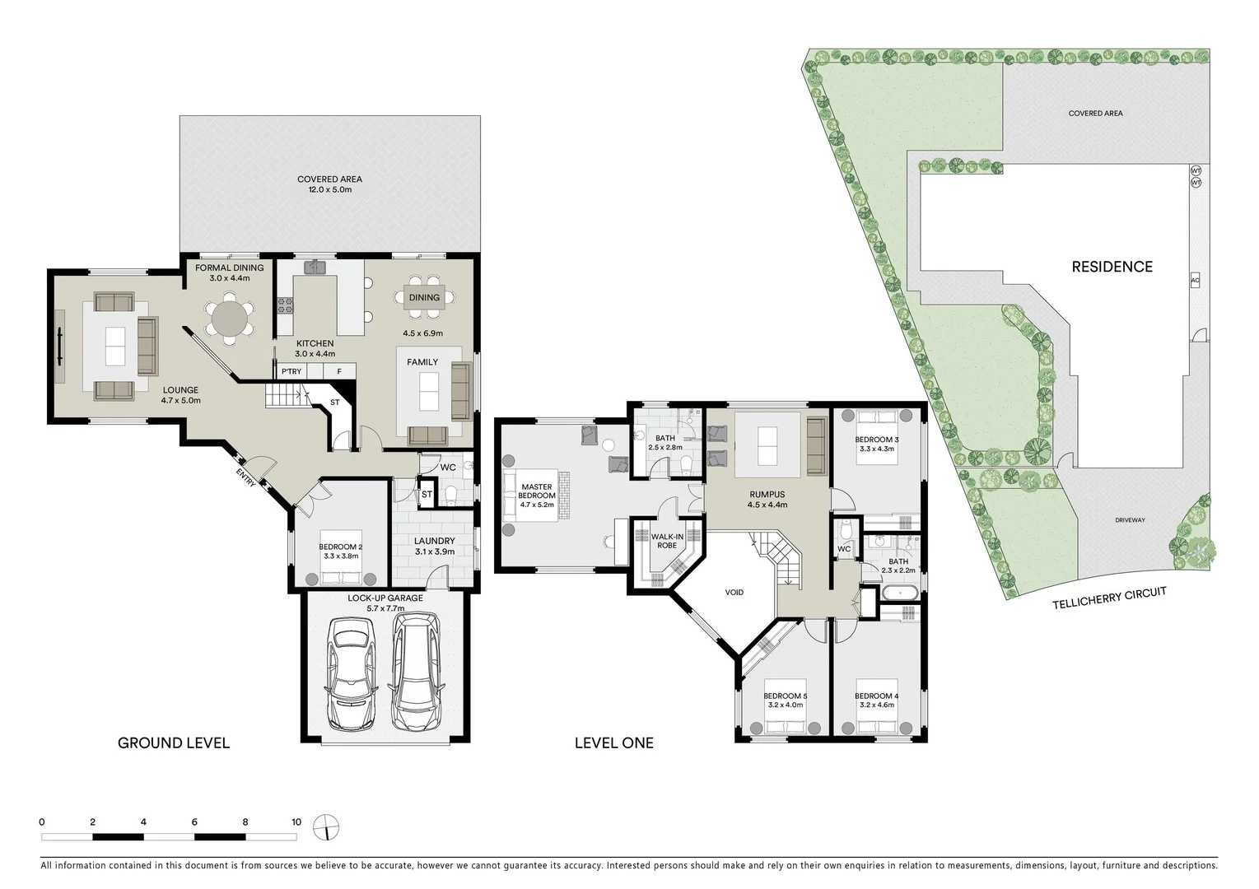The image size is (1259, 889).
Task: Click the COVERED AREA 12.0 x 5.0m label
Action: point(329,184)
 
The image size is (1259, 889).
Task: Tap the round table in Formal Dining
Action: point(230,319)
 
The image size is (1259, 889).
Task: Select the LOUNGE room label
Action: point(180,395)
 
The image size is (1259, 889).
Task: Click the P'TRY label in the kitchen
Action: point(291,371)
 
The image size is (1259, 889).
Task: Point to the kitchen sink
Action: point(315,268)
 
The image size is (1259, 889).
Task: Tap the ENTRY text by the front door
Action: point(245,478)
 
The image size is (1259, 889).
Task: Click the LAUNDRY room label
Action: point(434,546)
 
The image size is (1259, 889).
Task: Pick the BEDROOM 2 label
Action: point(341,551)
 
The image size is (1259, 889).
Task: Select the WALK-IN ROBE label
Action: point(666,541)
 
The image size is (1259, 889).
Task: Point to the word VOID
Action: point(734,592)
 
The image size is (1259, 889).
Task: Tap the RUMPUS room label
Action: point(767,500)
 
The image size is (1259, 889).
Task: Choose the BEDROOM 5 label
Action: point(786,700)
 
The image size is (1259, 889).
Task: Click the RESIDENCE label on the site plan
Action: point(1112,267)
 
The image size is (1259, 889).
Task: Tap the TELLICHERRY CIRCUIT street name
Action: point(1109,598)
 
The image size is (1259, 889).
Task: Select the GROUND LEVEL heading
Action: point(174,743)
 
